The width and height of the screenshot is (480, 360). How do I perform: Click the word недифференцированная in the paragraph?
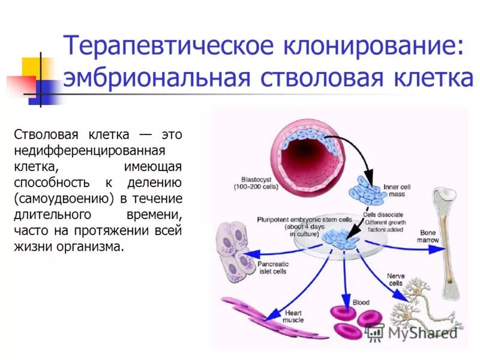click(89, 149)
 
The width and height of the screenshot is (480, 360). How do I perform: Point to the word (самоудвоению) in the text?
click(64, 198)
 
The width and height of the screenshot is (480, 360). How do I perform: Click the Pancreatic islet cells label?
click(273, 267)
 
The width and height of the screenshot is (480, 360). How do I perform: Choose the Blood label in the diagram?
click(361, 303)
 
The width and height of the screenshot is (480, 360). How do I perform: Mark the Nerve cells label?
click(395, 279)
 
